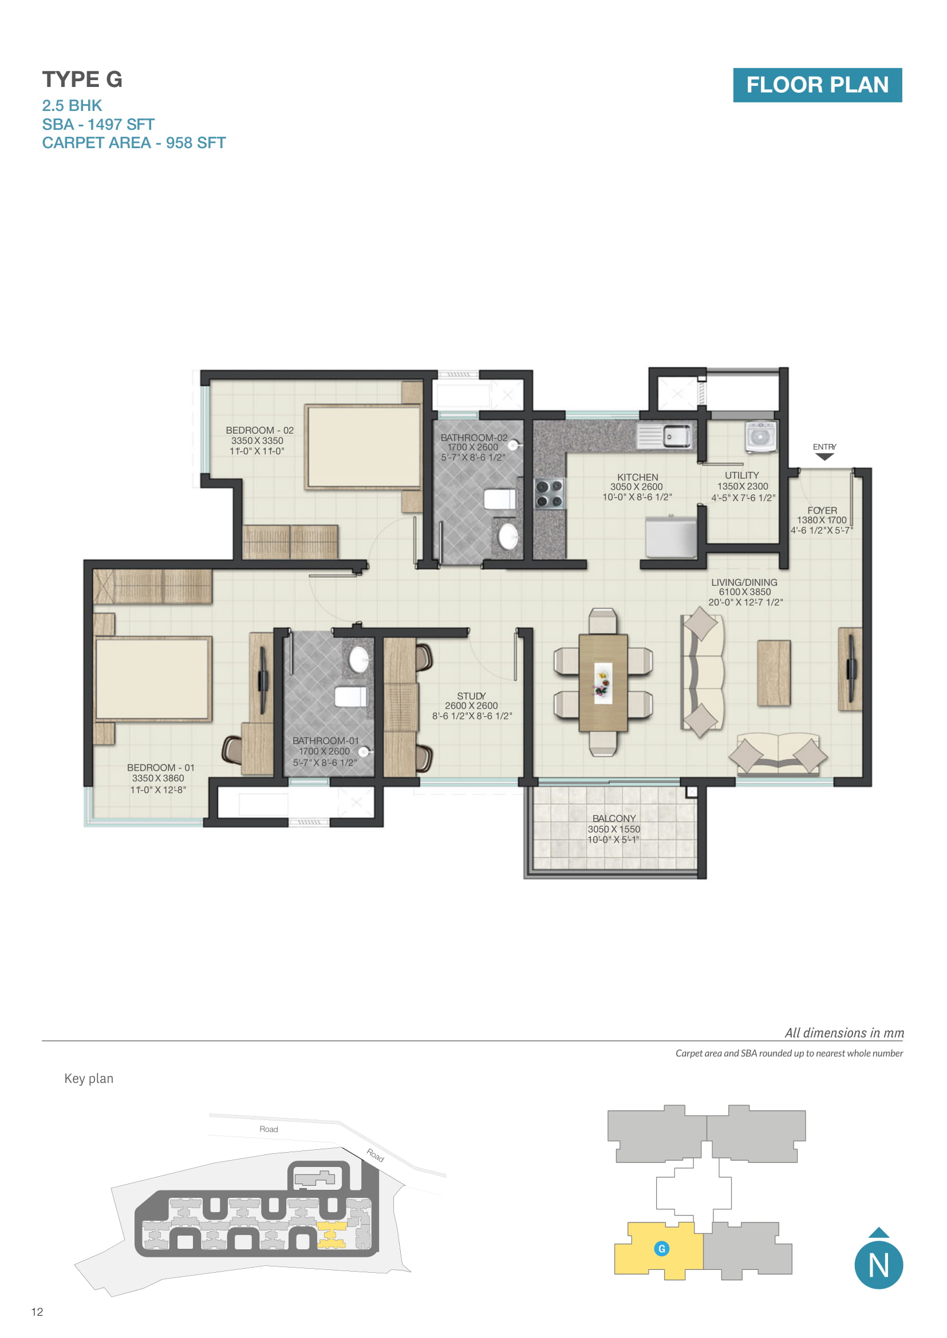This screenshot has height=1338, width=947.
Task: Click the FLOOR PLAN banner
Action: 817,85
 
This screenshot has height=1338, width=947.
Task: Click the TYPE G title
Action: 82,80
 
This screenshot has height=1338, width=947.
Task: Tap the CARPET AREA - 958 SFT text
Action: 133,143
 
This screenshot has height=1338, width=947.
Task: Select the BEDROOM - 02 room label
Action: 259,430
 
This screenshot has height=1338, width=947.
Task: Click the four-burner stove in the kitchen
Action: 549,494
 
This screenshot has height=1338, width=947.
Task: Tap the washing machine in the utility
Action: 761,437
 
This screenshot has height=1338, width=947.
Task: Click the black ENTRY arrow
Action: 824,457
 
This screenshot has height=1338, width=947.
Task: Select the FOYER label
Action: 822,510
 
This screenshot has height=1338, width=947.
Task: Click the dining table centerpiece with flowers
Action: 603,682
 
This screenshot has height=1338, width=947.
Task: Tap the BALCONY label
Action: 614,819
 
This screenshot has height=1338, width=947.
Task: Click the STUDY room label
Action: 471,696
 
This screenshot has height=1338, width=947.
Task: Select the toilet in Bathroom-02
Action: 500,499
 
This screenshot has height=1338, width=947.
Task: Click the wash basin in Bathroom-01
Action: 358,660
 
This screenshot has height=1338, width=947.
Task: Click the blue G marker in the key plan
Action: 661,1249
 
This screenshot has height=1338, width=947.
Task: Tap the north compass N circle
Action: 878,1266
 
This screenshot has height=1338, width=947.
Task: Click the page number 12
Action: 37,1312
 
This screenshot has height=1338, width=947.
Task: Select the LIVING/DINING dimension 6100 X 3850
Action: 745,592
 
